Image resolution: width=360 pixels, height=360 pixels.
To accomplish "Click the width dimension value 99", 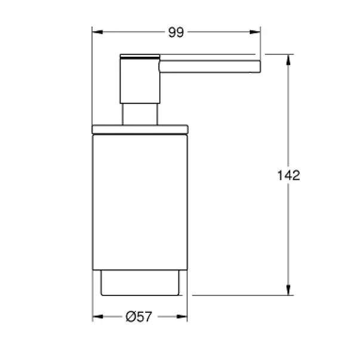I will (175, 33).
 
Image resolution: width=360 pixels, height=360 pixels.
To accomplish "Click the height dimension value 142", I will (289, 176).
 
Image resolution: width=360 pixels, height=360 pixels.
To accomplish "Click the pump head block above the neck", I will (140, 81).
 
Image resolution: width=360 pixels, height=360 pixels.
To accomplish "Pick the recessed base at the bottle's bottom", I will (140, 283).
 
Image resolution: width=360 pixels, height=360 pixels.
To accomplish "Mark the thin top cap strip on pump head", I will (140, 57).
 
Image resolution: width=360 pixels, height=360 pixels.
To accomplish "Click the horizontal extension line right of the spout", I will (278, 54).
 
